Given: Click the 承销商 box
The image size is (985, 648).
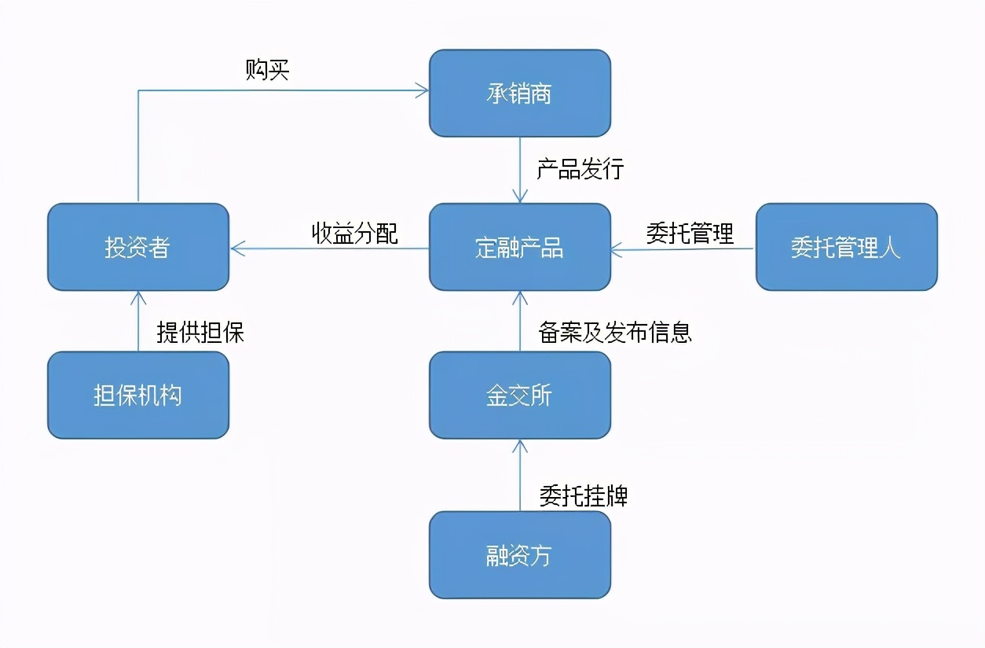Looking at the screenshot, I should [x=519, y=94].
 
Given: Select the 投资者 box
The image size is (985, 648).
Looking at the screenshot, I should [x=137, y=248].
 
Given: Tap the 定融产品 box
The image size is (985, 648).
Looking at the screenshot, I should [x=519, y=248].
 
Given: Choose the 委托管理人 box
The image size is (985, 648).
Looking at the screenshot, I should [x=846, y=248].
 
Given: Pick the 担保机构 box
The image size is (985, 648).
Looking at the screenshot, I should [x=137, y=395].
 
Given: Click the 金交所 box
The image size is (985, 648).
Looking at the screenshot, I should [x=519, y=395].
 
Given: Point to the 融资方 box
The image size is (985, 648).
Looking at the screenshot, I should [x=519, y=555].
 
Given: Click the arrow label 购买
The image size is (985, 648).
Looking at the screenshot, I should [x=268, y=70].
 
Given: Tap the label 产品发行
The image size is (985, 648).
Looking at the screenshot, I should [x=580, y=169].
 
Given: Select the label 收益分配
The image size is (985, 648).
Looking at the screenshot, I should [x=355, y=233].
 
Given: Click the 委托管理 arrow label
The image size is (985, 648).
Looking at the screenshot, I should [x=690, y=233].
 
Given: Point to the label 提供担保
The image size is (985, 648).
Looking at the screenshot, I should [x=200, y=332].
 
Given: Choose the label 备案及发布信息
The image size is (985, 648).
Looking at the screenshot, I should [x=615, y=332].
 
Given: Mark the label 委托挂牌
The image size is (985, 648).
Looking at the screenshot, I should [x=583, y=495].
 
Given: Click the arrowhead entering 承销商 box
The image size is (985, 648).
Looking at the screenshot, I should [x=423, y=91].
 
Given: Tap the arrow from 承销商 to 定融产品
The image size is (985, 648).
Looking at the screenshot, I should [x=519, y=170].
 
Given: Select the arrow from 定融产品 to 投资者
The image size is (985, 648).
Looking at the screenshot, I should [x=330, y=249].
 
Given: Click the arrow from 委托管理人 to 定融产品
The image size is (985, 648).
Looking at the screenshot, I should [x=683, y=249].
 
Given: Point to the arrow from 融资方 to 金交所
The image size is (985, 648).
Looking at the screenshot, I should [x=519, y=475].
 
